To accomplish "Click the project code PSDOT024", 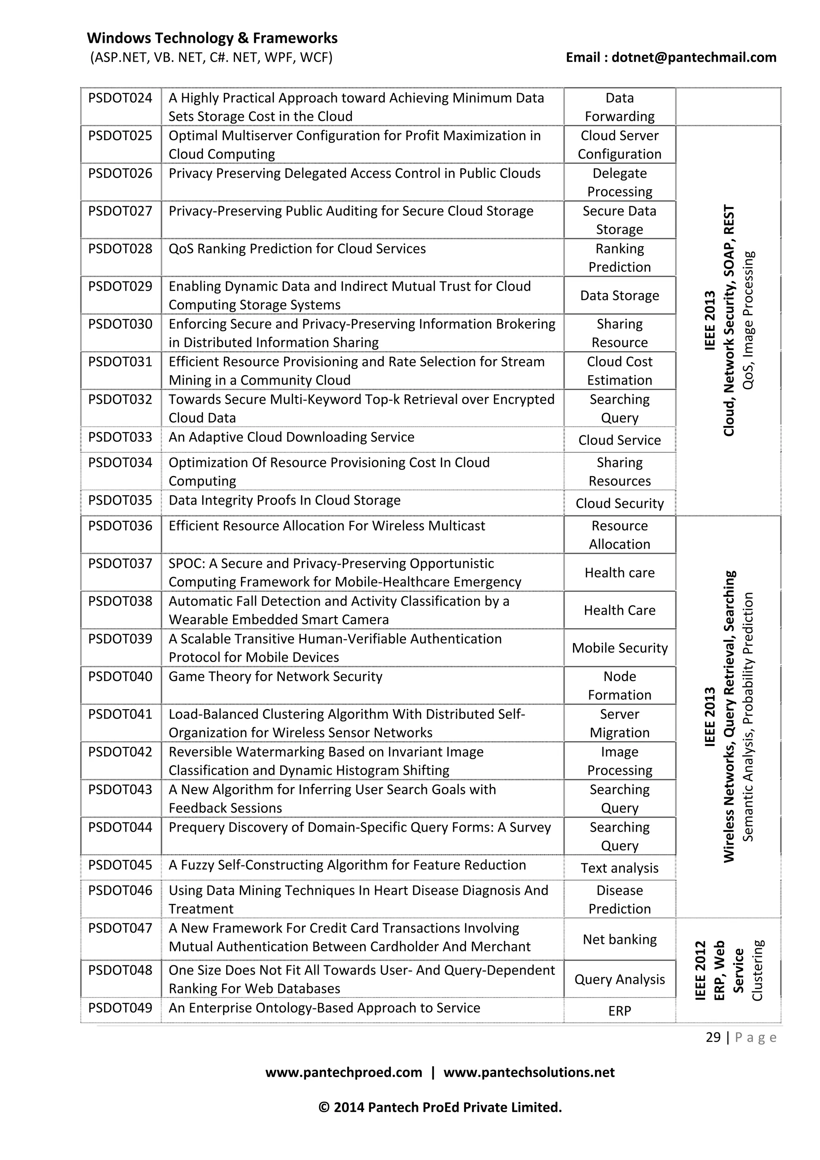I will pyautogui.click(x=120, y=98).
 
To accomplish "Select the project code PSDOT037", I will pyautogui.click(x=120, y=563).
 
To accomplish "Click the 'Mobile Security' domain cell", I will pyautogui.click(x=619, y=648).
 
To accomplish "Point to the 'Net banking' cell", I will pyautogui.click(x=619, y=939).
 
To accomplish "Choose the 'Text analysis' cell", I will pyautogui.click(x=619, y=868).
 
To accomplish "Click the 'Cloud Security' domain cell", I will pyautogui.click(x=619, y=503).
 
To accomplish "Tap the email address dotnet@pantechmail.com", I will pyautogui.click(x=694, y=57).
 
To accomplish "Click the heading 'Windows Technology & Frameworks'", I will pyautogui.click(x=212, y=38).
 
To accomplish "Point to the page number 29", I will pyautogui.click(x=713, y=1037).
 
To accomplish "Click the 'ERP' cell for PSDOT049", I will pyautogui.click(x=619, y=1011).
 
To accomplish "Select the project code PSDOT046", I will pyautogui.click(x=120, y=890).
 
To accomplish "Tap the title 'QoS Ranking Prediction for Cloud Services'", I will pyautogui.click(x=297, y=249).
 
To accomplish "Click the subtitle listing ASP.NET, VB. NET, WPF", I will pyautogui.click(x=211, y=57).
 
